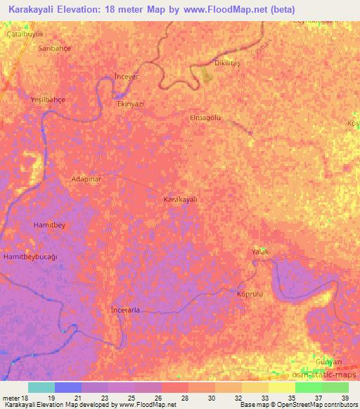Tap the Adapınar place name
point(88,179)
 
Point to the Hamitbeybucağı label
point(30,258)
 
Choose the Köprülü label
point(250,293)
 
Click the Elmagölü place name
point(205,118)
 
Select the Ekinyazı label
point(130,103)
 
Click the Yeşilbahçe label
point(48,100)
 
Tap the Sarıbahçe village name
point(55,48)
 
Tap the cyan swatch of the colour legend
point(41,387)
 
